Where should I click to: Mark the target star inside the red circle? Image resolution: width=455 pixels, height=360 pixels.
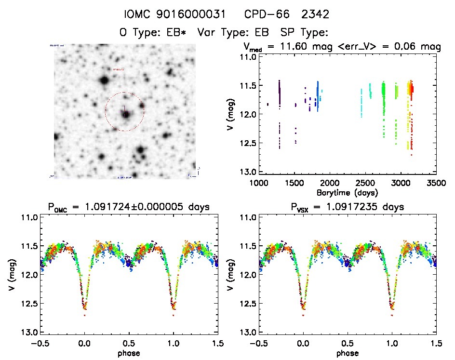[125, 115]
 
